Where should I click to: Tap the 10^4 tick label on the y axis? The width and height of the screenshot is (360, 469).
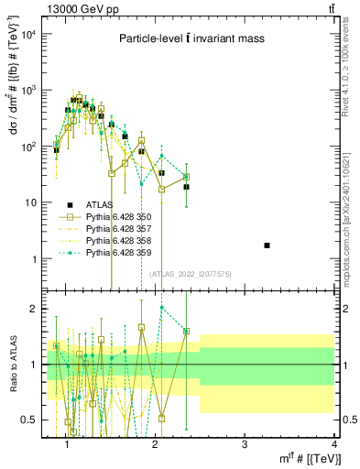(27, 34)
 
